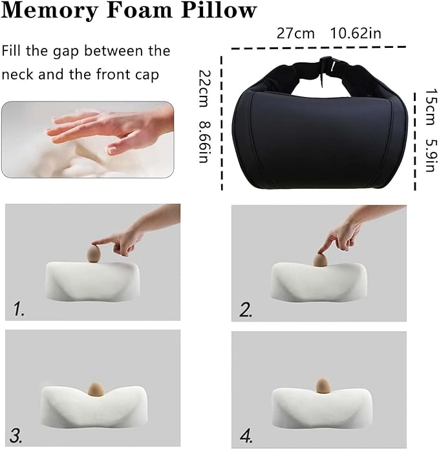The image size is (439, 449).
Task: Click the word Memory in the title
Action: (54, 11)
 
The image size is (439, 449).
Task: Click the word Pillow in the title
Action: (223, 11)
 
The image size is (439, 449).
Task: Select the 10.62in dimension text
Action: (356, 34)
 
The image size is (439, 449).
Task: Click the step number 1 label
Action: (19, 309)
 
